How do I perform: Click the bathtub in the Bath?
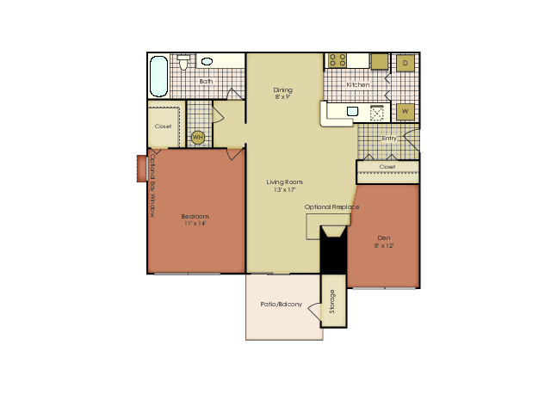pyautogui.click(x=158, y=77)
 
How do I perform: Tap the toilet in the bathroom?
pyautogui.click(x=183, y=62)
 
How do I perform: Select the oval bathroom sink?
pyautogui.click(x=207, y=61)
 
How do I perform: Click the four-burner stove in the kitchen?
pyautogui.click(x=337, y=60)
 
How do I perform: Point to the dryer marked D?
pyautogui.click(x=406, y=63)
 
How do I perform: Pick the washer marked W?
pyautogui.click(x=406, y=111)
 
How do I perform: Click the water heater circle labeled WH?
pyautogui.click(x=198, y=138)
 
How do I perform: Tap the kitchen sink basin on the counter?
pyautogui.click(x=352, y=111)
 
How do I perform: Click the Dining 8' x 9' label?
pyautogui.click(x=283, y=94)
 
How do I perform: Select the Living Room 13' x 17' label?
pyautogui.click(x=284, y=186)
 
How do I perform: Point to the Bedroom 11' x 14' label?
pyautogui.click(x=195, y=220)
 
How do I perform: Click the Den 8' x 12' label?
pyautogui.click(x=384, y=242)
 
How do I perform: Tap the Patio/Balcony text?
pyautogui.click(x=282, y=304)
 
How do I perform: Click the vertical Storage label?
pyautogui.click(x=332, y=301)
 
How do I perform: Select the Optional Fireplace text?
pyautogui.click(x=331, y=206)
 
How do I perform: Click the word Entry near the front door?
pyautogui.click(x=389, y=139)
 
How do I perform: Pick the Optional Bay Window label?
pyautogui.click(x=152, y=186)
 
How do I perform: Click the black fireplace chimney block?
pyautogui.click(x=333, y=250)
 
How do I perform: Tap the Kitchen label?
pyautogui.click(x=358, y=84)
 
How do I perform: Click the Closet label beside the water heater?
pyautogui.click(x=163, y=126)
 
